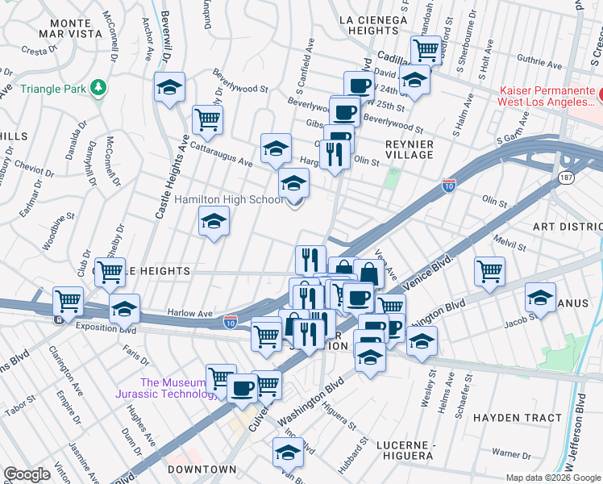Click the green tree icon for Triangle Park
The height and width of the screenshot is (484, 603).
[x=98, y=86]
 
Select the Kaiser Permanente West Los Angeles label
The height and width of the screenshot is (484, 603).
[x=547, y=96]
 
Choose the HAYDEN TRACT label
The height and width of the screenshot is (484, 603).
[x=516, y=418]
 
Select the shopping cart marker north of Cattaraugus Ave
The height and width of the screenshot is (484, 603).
[x=208, y=119]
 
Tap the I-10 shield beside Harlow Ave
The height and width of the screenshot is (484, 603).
[x=231, y=321]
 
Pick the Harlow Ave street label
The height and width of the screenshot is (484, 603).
[x=189, y=313]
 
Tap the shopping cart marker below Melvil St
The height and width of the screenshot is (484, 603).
[x=489, y=272]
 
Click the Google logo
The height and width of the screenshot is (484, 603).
[x=27, y=474]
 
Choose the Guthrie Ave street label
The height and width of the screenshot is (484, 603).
[x=520, y=57]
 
